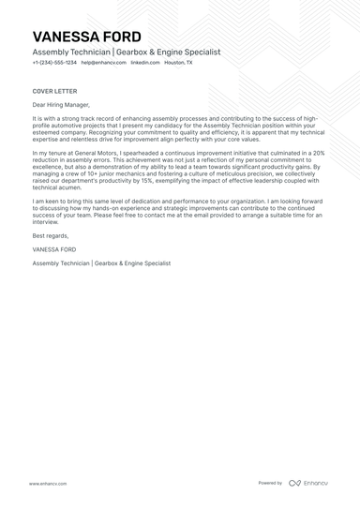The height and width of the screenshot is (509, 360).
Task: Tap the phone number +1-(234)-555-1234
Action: pos(53,62)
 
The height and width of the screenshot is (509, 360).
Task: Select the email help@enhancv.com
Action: pos(102,62)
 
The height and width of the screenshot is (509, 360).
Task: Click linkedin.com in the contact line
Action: pos(145,62)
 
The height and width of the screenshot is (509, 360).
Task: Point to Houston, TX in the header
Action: pos(178,62)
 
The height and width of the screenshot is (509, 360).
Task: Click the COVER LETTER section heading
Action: pos(53,91)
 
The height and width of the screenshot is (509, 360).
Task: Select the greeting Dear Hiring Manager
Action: pos(62,106)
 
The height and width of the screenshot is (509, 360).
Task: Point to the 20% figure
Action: pos(318,152)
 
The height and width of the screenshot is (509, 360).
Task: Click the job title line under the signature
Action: pos(101,264)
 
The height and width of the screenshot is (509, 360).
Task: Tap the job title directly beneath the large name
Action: pos(126,52)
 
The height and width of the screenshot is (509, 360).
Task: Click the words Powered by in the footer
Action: pos(270,483)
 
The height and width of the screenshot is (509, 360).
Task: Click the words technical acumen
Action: pos(60,187)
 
